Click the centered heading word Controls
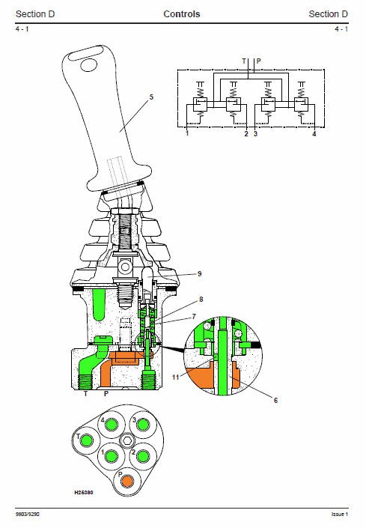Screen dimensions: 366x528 [182, 14]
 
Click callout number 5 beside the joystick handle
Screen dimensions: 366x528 [151, 97]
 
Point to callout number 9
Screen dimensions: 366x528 [200, 274]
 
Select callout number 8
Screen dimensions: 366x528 [201, 299]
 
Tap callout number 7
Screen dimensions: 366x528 [194, 317]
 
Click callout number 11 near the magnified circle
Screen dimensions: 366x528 [175, 377]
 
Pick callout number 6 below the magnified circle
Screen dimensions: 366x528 [276, 400]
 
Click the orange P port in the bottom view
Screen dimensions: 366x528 [127, 482]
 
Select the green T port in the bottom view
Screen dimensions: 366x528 [87, 440]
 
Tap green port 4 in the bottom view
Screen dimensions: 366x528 [111, 425]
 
